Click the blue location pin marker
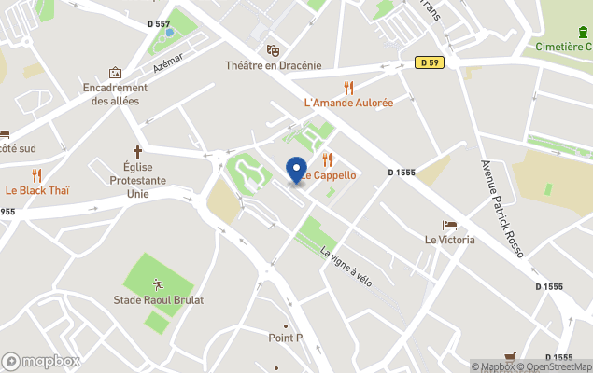pyautogui.click(x=296, y=170)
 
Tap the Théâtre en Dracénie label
pyautogui.click(x=273, y=65)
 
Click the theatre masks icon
pyautogui.click(x=273, y=50)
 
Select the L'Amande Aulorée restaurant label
pyautogui.click(x=348, y=102)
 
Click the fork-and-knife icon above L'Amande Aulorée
pyautogui.click(x=348, y=87)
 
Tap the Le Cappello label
pyautogui.click(x=328, y=175)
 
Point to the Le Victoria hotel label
pyautogui.click(x=449, y=240)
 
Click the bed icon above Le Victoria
pyautogui.click(x=449, y=225)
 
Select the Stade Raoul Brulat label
pyautogui.click(x=158, y=299)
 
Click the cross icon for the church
pyautogui.click(x=137, y=151)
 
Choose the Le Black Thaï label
pyautogui.click(x=37, y=190)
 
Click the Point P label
pyautogui.click(x=285, y=338)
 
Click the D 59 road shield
pyautogui.click(x=429, y=62)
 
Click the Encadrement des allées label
pyautogui.click(x=116, y=94)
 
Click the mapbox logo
pyautogui.click(x=41, y=361)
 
